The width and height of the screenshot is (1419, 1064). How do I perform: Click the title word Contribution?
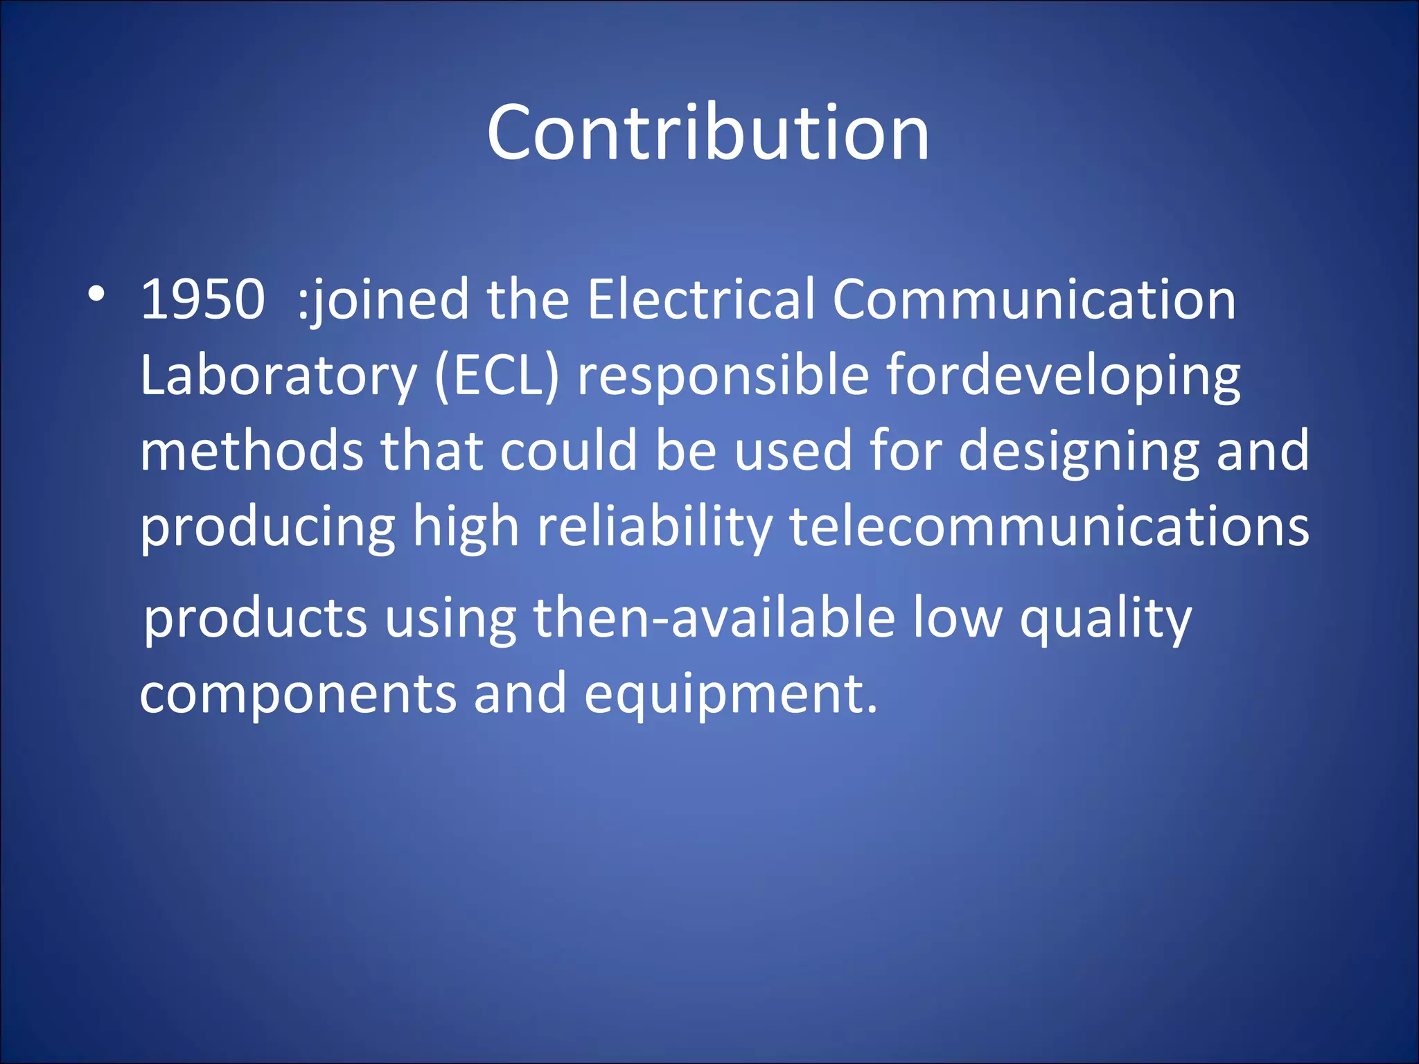point(708,132)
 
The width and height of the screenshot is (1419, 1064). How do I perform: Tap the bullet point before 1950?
point(96,295)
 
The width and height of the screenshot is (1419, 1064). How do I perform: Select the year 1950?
point(202,299)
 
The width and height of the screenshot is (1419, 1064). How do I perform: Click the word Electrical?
point(700,299)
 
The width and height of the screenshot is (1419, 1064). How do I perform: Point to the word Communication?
point(1034,299)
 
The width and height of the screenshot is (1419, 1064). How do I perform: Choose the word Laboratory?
point(278,375)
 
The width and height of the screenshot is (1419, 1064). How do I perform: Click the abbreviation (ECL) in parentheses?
point(497,375)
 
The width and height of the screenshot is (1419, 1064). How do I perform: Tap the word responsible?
point(723,375)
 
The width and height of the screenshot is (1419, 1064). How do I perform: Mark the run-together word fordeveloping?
point(1063,375)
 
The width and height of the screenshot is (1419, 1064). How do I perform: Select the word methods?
point(252,450)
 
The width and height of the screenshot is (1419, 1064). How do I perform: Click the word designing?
point(1078,450)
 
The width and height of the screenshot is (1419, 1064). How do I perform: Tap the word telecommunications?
point(1049,526)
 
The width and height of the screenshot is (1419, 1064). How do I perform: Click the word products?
point(255,618)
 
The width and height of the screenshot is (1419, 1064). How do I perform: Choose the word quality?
point(1105,618)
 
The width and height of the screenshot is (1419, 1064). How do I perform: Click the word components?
point(298,694)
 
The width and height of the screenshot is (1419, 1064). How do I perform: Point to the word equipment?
point(730,694)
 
